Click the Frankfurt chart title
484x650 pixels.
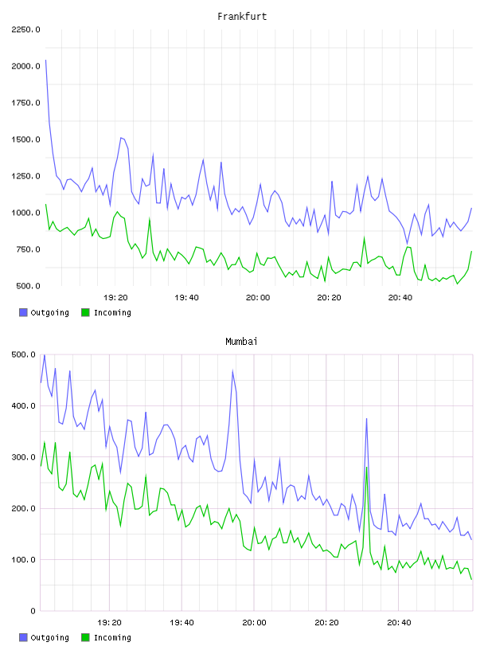(x=242, y=17)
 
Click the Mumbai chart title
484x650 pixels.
(x=241, y=342)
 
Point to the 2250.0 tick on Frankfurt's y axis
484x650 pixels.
(x=25, y=29)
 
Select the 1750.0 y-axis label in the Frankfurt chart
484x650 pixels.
(x=25, y=103)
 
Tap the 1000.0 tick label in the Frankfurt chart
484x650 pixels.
(x=25, y=213)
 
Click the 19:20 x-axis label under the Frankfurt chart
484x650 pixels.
(x=115, y=297)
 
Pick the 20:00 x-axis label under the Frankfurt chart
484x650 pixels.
(x=258, y=297)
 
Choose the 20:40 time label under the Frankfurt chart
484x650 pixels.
(x=400, y=297)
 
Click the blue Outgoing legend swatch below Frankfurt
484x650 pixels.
(x=23, y=312)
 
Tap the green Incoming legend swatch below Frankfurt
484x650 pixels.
(x=85, y=312)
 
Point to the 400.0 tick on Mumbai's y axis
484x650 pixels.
(x=24, y=405)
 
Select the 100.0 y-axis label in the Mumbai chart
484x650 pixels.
(x=24, y=560)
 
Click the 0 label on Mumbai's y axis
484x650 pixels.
(x=33, y=611)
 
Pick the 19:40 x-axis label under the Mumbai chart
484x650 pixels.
(x=182, y=622)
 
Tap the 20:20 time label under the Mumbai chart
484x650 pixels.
(x=326, y=622)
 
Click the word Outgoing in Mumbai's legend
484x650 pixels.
(x=49, y=637)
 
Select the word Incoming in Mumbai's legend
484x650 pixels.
(x=112, y=637)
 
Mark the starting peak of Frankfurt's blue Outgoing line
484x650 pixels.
(x=45, y=60)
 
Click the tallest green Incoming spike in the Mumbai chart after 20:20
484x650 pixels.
(x=367, y=468)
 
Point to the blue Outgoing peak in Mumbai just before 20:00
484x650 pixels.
(x=233, y=370)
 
